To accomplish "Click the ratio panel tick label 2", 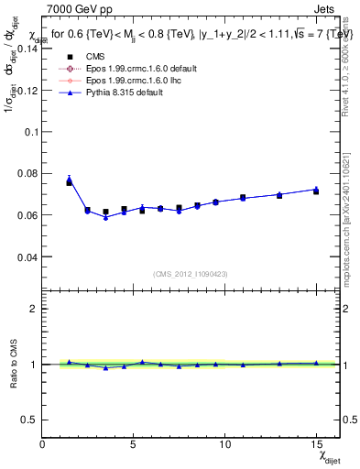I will click(33, 309).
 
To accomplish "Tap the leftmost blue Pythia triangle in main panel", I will click(69, 180).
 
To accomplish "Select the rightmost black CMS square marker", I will click(316, 191).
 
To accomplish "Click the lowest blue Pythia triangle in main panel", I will click(105, 217).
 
